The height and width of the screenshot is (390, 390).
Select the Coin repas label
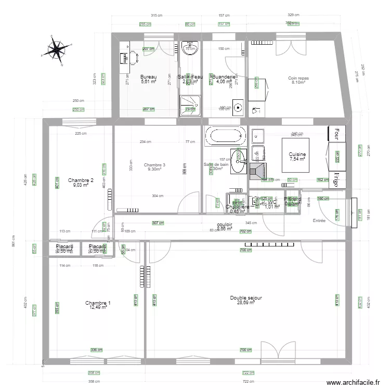tap(298, 78)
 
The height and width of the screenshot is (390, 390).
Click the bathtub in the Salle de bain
tap(225, 137)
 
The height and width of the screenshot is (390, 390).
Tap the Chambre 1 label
tap(98, 303)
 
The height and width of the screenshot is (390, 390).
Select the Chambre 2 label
tap(81, 180)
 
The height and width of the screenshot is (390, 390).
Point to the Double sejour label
tap(246, 298)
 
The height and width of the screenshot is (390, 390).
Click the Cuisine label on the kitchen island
tap(297, 154)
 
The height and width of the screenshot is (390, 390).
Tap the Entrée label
tap(319, 221)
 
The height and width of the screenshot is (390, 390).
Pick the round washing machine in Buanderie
tap(238, 108)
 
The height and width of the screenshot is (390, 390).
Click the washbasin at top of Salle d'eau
tap(191, 48)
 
